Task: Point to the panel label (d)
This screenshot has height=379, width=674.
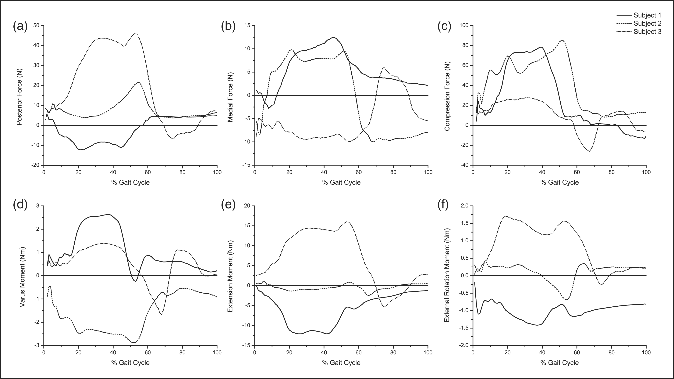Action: [x=20, y=205]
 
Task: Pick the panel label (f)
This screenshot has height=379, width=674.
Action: [x=443, y=205]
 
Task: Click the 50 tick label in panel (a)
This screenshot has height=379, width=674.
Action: [x=36, y=25]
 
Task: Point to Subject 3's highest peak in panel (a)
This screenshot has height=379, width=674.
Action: [x=135, y=34]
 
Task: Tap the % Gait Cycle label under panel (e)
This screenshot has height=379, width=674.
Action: [x=341, y=363]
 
